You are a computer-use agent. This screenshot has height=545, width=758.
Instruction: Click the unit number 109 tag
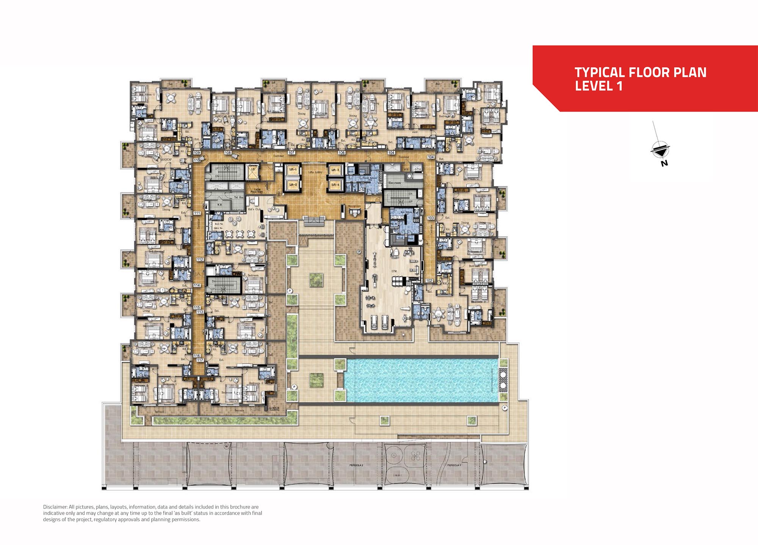[197, 152]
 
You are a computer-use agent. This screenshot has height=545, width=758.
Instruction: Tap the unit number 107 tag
[291, 152]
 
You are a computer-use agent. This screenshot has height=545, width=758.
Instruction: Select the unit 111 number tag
[197, 213]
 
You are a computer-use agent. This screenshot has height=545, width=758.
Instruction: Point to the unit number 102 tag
[429, 281]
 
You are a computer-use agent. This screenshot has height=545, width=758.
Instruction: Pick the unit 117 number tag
[200, 360]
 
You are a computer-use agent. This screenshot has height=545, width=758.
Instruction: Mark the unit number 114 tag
[197, 285]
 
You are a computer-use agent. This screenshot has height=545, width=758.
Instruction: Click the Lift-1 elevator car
[293, 170]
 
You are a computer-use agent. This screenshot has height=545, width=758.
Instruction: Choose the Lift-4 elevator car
[335, 185]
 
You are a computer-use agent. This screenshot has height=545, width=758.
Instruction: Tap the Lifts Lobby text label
[315, 172]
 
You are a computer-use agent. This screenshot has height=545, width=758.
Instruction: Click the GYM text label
[394, 271]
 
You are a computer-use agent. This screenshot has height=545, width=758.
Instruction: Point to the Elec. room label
[395, 183]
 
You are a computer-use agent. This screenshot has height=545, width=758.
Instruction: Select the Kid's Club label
[254, 209]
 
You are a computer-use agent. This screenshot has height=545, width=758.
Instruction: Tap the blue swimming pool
[421, 380]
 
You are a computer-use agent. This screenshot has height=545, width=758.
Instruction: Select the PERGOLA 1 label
[454, 465]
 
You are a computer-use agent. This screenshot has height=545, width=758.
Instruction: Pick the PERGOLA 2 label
[356, 465]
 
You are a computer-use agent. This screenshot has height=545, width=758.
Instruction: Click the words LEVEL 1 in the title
[598, 86]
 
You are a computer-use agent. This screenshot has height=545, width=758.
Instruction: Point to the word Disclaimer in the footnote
[55, 507]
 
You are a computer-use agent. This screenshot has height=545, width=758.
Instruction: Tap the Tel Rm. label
[239, 197]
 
